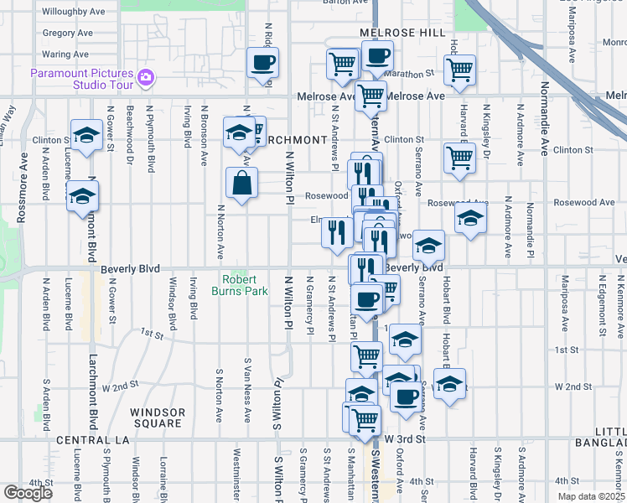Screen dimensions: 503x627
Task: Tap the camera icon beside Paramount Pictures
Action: (x=147, y=78)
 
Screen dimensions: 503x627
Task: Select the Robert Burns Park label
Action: (x=245, y=285)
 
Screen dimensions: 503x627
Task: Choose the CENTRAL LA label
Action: (x=90, y=440)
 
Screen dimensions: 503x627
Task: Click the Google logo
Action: (x=27, y=493)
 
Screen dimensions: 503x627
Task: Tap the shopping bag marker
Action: (x=241, y=183)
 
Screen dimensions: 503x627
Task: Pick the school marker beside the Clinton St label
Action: (x=86, y=136)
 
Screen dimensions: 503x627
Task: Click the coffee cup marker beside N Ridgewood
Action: (x=262, y=63)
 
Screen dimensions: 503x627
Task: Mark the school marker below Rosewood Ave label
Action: (x=471, y=220)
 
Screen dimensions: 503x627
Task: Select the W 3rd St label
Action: (x=406, y=438)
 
